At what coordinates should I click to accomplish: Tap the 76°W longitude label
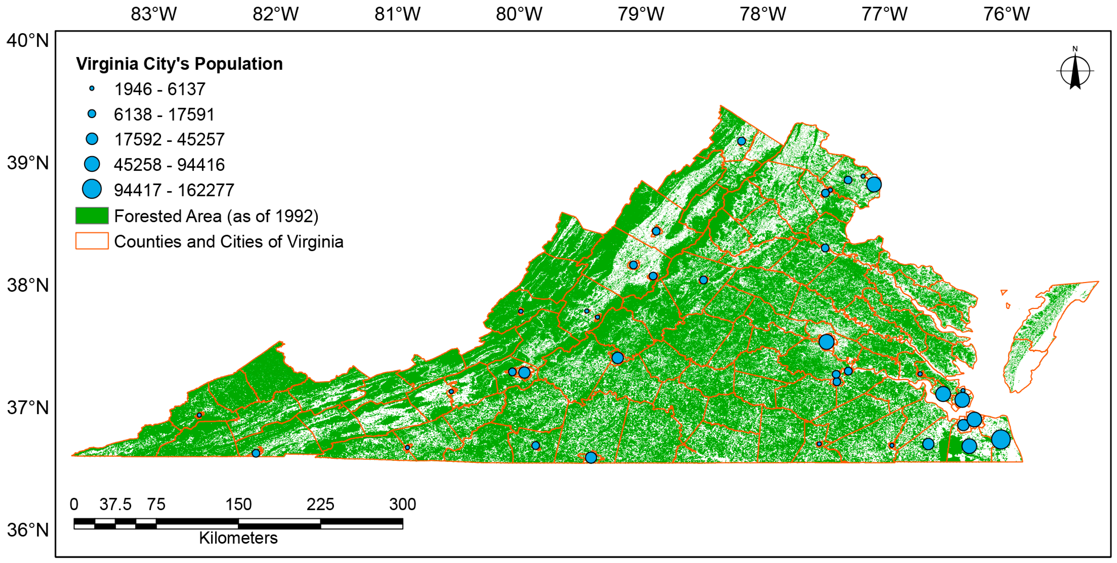1006,14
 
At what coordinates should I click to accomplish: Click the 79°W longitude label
641,14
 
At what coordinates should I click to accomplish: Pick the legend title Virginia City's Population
179,64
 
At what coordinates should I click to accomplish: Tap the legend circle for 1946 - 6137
92,89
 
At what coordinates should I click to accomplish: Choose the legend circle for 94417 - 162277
92,189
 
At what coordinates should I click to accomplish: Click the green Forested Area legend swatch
92,216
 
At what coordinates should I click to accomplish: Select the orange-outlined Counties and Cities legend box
92,241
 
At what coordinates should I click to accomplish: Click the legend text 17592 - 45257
169,139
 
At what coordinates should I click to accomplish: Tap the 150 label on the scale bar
238,504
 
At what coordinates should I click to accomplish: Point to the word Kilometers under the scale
238,538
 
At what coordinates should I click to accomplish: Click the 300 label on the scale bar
402,504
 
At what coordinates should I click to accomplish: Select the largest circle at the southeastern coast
1001,439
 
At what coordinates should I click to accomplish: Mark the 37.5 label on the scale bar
115,504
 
